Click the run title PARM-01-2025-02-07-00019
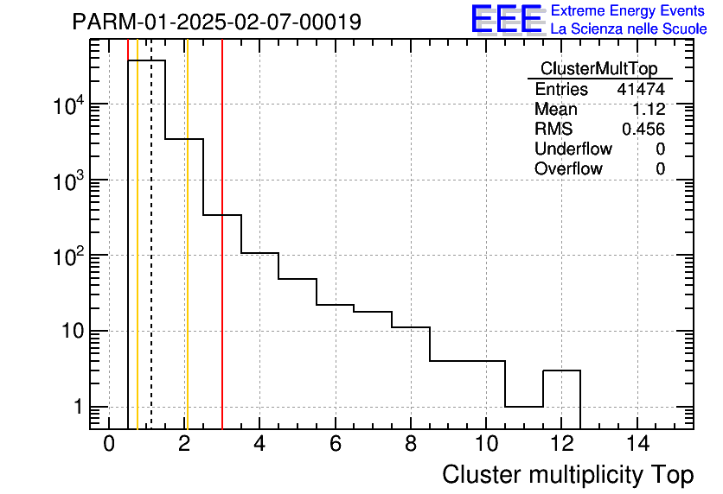point(216,22)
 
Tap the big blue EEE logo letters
point(506,20)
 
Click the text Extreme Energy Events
point(629,11)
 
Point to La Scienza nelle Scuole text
point(629,29)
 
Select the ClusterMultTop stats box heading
point(598,69)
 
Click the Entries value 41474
point(641,90)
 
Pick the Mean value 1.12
point(649,110)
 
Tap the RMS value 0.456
point(643,130)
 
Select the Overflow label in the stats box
point(568,169)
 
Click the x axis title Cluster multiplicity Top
point(567,475)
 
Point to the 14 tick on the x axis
point(637,445)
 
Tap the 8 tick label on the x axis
point(411,445)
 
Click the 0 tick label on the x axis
point(109,445)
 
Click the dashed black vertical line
point(151,259)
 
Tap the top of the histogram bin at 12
point(562,370)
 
